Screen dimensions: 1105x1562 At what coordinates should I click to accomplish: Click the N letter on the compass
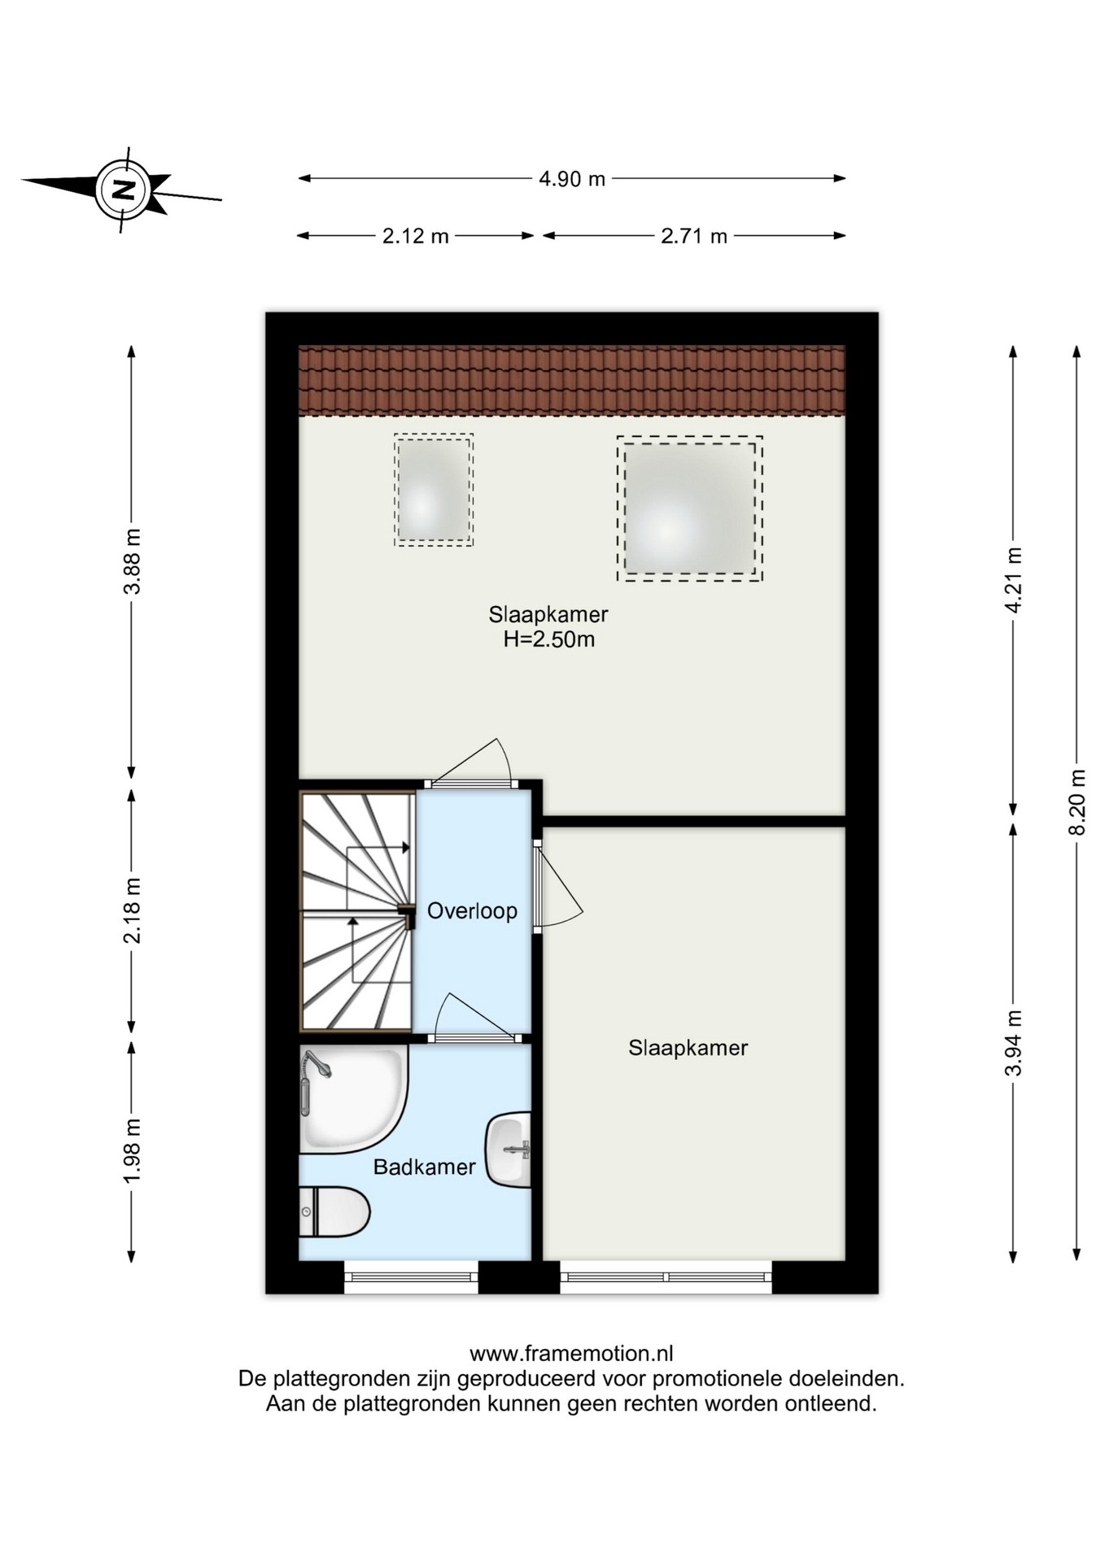pyautogui.click(x=123, y=190)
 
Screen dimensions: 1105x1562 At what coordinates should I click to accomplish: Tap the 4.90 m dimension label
pyautogui.click(x=572, y=179)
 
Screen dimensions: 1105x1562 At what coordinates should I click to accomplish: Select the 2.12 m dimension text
pyautogui.click(x=416, y=236)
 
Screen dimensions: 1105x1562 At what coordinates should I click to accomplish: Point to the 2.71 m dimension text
pyautogui.click(x=694, y=236)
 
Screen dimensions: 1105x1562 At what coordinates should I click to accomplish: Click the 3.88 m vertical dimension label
pyautogui.click(x=132, y=561)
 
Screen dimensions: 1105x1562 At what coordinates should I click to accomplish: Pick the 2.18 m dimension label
pyautogui.click(x=132, y=910)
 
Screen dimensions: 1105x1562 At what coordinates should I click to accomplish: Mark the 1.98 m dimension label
pyautogui.click(x=132, y=1150)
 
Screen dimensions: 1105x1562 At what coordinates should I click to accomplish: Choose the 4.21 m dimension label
pyautogui.click(x=1013, y=580)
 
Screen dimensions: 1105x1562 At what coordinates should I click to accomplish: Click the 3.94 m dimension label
pyautogui.click(x=1013, y=1043)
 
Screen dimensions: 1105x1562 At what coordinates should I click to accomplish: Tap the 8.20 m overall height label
pyautogui.click(x=1077, y=801)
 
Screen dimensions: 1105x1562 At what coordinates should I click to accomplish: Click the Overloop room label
pyautogui.click(x=472, y=911)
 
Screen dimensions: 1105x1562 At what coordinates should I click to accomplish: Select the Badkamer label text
pyautogui.click(x=424, y=1167)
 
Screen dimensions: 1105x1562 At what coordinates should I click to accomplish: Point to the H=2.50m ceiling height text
pyautogui.click(x=549, y=639)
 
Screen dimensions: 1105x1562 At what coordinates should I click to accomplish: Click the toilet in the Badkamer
pyautogui.click(x=334, y=1212)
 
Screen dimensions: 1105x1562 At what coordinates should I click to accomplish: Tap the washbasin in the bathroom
pyautogui.click(x=509, y=1150)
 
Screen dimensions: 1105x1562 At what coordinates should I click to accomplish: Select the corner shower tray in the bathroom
pyautogui.click(x=353, y=1098)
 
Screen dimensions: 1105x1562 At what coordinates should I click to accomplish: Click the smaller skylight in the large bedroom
pyautogui.click(x=434, y=489)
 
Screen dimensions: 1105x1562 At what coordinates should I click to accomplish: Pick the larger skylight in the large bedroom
pyautogui.click(x=689, y=508)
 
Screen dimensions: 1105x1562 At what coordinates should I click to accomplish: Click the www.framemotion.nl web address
pyautogui.click(x=571, y=1354)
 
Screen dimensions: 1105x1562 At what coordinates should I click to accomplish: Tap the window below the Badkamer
pyautogui.click(x=411, y=1276)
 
